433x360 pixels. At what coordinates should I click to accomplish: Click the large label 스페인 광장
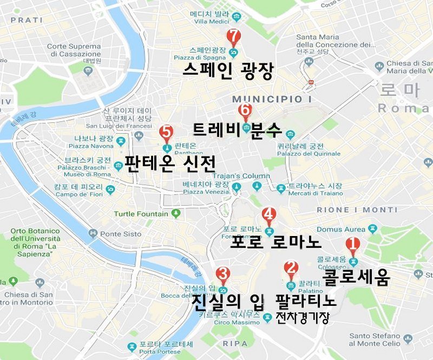228,71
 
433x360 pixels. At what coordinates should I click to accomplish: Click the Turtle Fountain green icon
175,213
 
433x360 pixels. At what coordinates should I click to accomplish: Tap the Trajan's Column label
241,176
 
